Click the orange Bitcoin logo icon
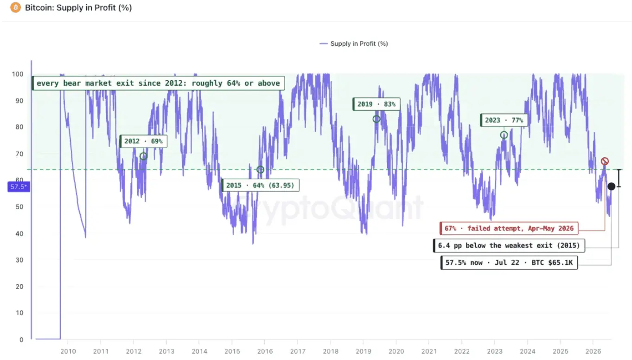(x=15, y=7)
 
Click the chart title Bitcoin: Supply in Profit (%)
(x=78, y=7)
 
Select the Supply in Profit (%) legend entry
(x=353, y=44)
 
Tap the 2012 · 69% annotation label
(x=143, y=141)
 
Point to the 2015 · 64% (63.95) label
(x=260, y=186)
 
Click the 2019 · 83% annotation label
(x=377, y=104)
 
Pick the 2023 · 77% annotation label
(x=504, y=120)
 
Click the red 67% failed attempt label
(x=509, y=228)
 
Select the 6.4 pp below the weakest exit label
(x=509, y=246)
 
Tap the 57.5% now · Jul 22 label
(x=509, y=263)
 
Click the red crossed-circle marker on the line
(x=605, y=161)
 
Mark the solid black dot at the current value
(x=611, y=186)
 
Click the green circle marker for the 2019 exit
(x=377, y=119)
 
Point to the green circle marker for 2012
(x=143, y=156)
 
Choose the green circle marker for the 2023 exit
(x=504, y=135)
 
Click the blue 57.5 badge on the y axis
(x=19, y=186)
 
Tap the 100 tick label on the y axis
(x=18, y=74)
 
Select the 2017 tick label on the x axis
(x=298, y=352)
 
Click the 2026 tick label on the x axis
(x=593, y=352)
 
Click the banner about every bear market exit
(x=158, y=84)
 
